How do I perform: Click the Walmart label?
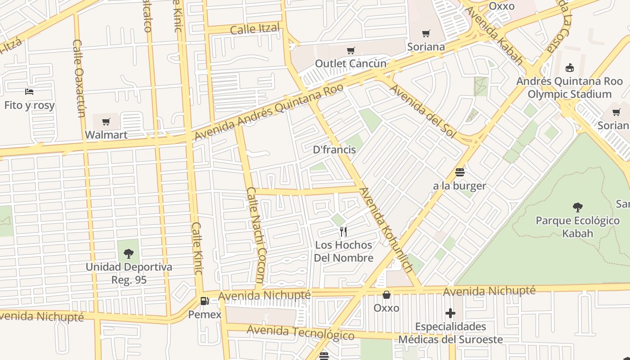(x=106, y=135)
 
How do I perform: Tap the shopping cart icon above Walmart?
(x=106, y=121)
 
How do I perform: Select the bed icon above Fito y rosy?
(x=29, y=92)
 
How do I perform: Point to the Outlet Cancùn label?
(x=351, y=63)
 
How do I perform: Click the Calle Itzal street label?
(x=255, y=29)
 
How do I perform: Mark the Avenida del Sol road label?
(x=423, y=111)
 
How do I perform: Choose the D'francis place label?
(x=334, y=149)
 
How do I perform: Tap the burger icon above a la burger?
(x=459, y=172)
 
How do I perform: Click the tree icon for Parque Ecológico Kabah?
(x=578, y=207)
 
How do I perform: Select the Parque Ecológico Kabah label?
(x=578, y=227)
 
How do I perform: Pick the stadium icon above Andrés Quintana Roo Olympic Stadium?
(x=570, y=68)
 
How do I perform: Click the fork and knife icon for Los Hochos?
(x=343, y=232)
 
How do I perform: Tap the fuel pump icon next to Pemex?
(x=205, y=301)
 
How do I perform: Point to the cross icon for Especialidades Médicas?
(x=450, y=313)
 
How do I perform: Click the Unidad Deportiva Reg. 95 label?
(x=129, y=273)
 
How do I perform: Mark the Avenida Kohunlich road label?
(x=386, y=230)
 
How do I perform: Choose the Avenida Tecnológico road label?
(x=301, y=333)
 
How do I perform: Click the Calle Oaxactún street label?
(x=79, y=78)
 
